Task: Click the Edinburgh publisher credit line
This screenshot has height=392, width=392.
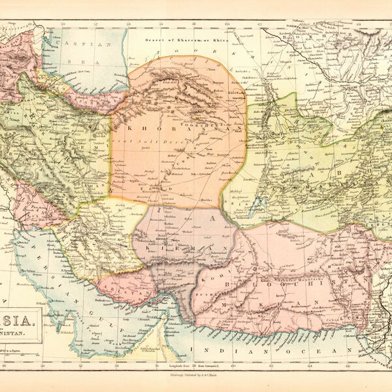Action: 196,377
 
